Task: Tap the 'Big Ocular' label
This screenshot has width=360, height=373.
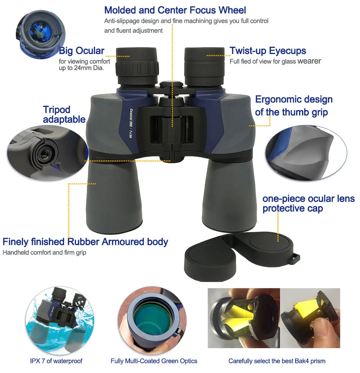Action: [x=82, y=51]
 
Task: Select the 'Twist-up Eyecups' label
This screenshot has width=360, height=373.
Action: [x=268, y=51]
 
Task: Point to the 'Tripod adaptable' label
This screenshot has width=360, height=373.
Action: [x=64, y=114]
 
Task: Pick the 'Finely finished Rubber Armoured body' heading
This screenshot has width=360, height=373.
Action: [x=85, y=241]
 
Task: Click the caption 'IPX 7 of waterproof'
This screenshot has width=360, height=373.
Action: [x=56, y=361]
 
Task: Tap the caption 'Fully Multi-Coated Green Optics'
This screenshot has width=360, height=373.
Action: [x=154, y=361]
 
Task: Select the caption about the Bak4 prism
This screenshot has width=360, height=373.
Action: [x=277, y=361]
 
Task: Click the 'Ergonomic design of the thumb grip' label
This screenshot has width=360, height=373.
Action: [x=293, y=106]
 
